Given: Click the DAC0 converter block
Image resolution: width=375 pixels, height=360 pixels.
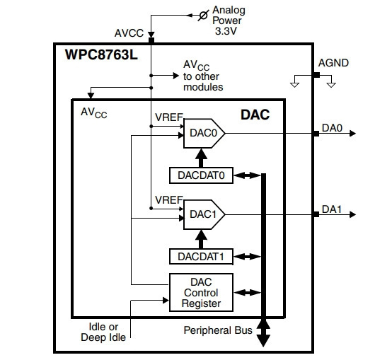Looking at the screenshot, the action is [204, 134].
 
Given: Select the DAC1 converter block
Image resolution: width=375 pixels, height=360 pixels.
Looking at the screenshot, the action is [204, 215].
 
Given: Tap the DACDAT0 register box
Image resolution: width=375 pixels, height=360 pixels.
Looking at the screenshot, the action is [201, 175].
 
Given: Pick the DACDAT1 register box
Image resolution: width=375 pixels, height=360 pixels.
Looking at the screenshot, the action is [201, 257].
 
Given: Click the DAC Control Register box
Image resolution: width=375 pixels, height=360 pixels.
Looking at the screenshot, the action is [201, 292].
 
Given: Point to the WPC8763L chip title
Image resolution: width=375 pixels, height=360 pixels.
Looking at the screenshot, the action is [101, 54].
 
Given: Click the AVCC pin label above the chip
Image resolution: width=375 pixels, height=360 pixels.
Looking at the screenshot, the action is [129, 33].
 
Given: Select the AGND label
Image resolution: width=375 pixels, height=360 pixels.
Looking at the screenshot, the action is [333, 63].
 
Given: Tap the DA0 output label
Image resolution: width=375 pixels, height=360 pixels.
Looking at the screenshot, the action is [332, 128].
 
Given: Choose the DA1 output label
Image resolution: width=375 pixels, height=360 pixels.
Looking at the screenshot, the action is [332, 209].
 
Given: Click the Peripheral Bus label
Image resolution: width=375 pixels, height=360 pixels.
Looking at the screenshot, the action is [218, 330].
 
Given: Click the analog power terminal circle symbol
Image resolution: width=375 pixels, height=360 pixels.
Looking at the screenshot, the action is [203, 16].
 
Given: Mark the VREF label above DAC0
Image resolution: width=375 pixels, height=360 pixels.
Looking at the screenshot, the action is [169, 117].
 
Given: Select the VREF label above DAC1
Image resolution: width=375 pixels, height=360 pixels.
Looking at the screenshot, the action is [169, 200].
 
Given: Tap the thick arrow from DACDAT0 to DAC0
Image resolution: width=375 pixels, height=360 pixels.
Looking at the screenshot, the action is [201, 158].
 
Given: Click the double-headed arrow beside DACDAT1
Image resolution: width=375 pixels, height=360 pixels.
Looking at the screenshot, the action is [248, 257].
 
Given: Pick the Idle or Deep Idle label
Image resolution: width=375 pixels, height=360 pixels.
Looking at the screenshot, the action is [103, 332].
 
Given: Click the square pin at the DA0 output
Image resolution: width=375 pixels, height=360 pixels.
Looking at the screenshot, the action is [316, 134].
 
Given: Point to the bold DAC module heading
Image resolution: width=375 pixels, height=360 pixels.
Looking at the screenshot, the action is [255, 115].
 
